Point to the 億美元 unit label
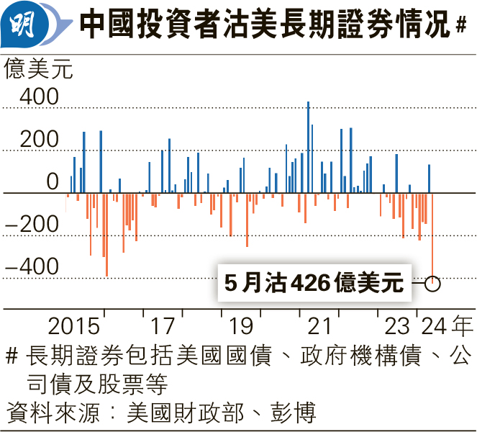[x=39, y=70]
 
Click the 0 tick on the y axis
[x=53, y=182]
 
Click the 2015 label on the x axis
[x=74, y=326]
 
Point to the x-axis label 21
[x=319, y=326]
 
